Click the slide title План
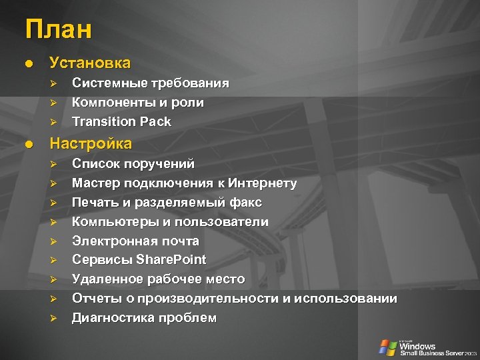59,30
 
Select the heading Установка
90,63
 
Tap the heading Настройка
91,143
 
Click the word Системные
109,83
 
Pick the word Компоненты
114,103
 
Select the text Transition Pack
121,122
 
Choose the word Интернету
262,183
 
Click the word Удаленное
109,279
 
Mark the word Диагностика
113,318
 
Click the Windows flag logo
387,347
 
